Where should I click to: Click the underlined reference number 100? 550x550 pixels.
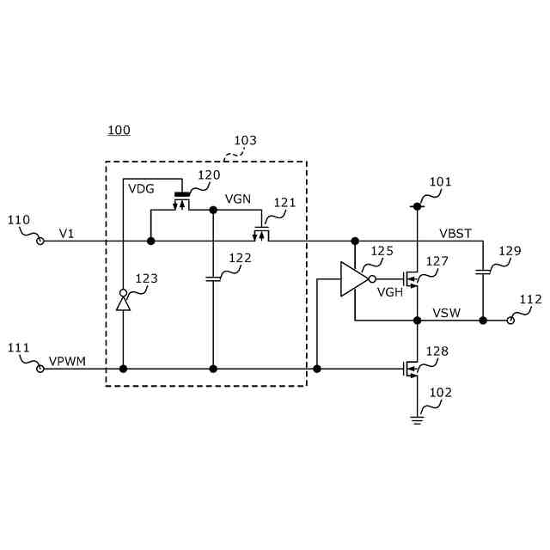[119, 131]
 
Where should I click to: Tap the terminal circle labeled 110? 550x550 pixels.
[40, 241]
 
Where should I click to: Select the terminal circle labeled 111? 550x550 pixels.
[40, 369]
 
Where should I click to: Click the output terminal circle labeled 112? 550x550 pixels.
[510, 320]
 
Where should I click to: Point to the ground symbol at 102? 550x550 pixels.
[418, 419]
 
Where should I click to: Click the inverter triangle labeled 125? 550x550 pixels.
[353, 279]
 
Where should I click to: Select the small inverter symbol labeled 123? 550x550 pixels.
[123, 301]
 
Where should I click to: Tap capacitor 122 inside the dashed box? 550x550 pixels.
[213, 278]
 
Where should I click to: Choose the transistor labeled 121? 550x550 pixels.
[261, 232]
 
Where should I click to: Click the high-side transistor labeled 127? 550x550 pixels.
[412, 278]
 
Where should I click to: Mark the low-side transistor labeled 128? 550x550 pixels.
[412, 369]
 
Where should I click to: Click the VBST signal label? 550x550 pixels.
[455, 233]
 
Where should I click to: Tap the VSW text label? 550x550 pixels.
[446, 312]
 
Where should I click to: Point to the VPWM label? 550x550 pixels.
[67, 361]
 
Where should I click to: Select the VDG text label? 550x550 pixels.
[141, 188]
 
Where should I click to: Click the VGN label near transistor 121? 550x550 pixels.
[238, 199]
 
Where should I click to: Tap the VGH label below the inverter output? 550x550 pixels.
[390, 292]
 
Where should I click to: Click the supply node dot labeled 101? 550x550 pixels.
[418, 205]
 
